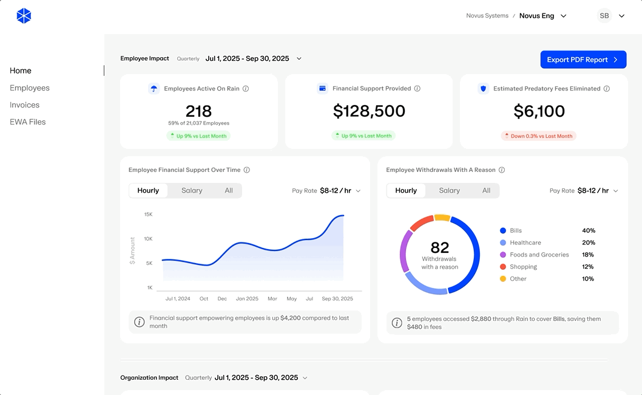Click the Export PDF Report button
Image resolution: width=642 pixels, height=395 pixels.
pos(583,60)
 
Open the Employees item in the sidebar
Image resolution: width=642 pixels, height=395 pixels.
pos(30,88)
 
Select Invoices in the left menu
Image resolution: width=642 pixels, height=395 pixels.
pos(24,105)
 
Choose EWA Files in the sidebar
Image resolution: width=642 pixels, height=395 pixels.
pos(28,122)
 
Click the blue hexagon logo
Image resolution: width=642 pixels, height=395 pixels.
pos(24,16)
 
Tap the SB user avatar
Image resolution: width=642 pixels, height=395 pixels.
pos(604,16)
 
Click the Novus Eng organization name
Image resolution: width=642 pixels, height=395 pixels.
pos(536,16)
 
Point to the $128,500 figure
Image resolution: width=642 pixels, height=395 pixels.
pos(369,111)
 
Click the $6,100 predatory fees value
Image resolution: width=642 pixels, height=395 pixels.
pos(539,111)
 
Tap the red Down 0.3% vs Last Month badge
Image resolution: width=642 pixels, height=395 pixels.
pos(538,136)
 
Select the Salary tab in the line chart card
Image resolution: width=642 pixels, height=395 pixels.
pos(192,190)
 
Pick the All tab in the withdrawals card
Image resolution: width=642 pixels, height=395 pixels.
pos(486,190)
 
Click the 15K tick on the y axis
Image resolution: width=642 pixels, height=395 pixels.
pos(148,214)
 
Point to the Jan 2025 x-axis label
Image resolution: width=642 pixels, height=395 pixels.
pos(247,298)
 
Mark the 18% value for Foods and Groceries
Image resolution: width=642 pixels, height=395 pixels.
pos(587,255)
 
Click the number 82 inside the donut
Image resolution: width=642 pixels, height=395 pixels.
pos(440,247)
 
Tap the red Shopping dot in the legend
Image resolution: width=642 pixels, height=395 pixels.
pos(503,267)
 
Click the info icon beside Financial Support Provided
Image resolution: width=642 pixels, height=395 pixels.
pos(417,89)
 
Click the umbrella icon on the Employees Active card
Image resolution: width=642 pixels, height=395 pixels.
pos(154,89)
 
